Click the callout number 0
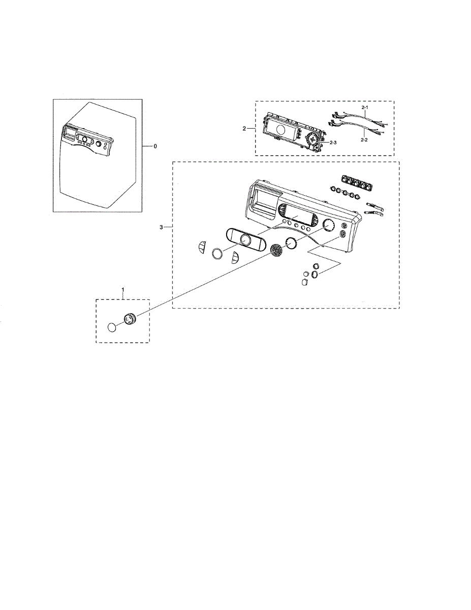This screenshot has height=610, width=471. coord(155,146)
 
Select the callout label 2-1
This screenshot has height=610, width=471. coord(365,108)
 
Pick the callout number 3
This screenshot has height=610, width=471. coord(162,227)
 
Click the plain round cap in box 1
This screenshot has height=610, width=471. coord(113,326)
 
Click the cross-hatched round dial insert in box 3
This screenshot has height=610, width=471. coord(276,250)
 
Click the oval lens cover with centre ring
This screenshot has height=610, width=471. coord(245,239)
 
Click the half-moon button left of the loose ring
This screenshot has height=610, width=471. coord(201,247)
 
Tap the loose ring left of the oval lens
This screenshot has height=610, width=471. coord(217,254)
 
